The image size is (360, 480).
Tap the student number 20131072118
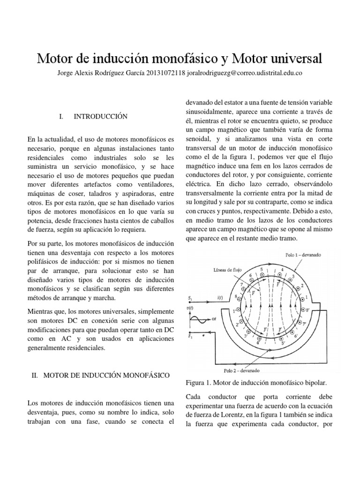click(166, 73)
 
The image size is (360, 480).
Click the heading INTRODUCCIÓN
click(100, 116)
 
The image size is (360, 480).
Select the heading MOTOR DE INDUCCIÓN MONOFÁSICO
click(107, 375)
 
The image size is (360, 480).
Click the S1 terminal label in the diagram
click(190, 298)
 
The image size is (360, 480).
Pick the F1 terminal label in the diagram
click(190, 336)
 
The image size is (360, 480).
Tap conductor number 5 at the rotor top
click(268, 270)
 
